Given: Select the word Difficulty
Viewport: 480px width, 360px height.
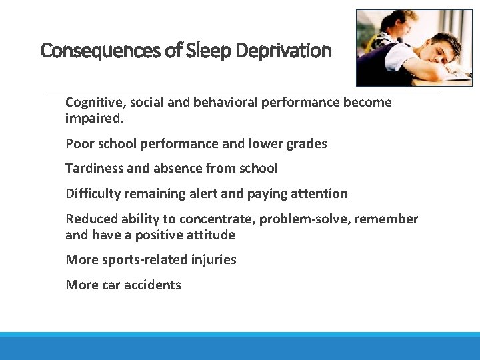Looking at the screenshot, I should point(92,193).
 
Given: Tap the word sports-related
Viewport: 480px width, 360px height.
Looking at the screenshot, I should point(139,260).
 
